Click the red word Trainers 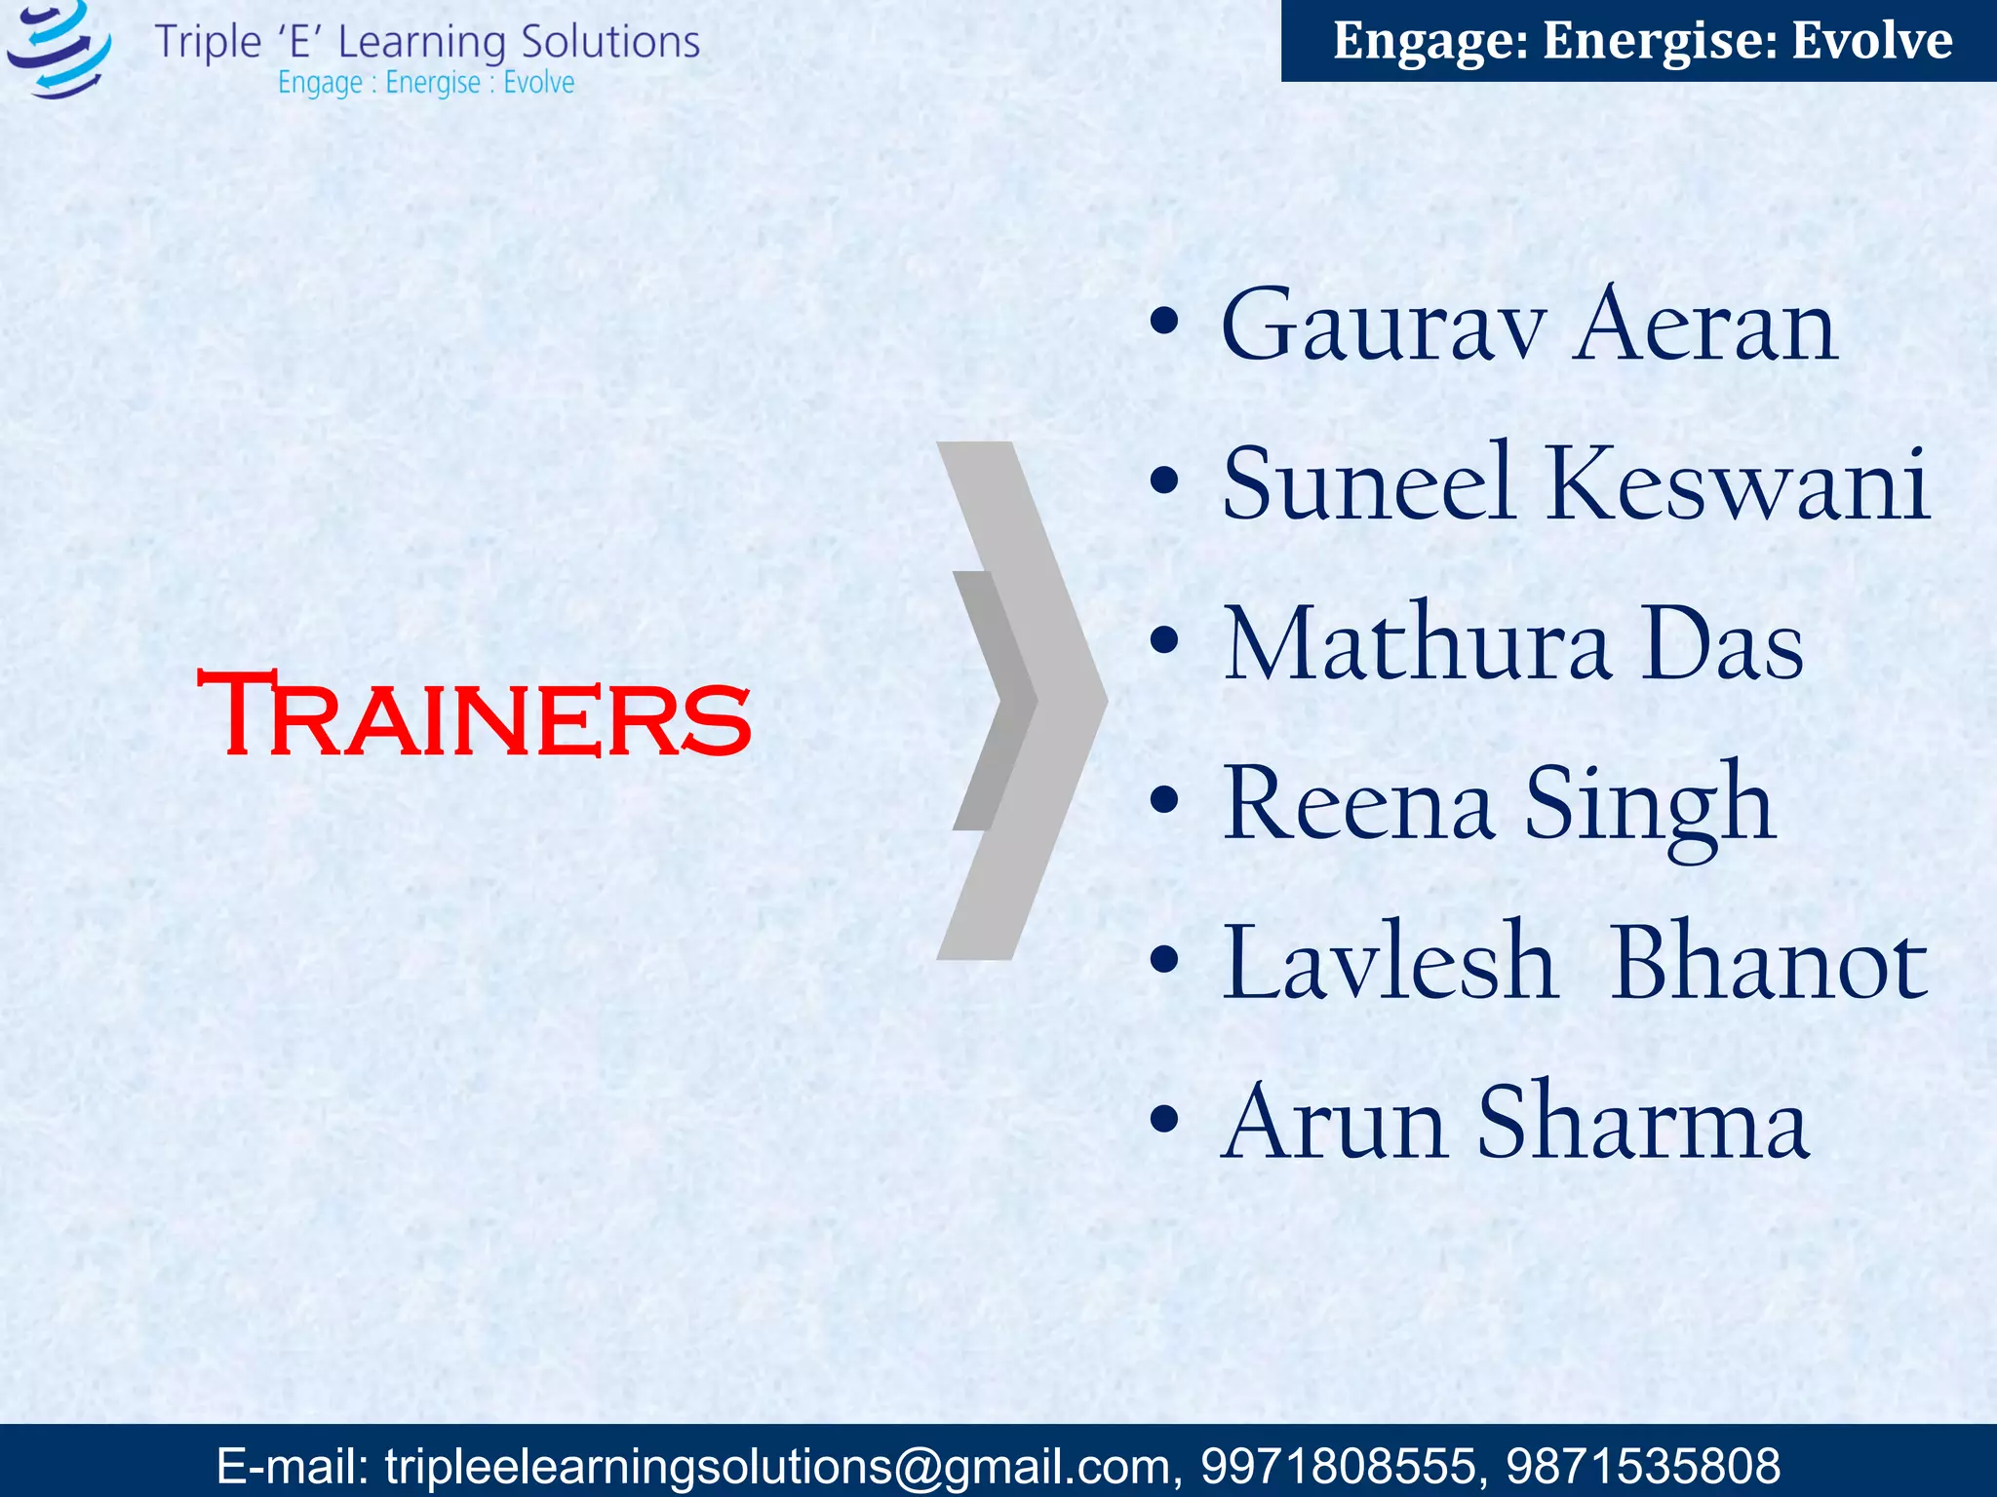(x=474, y=714)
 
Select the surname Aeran (x=1706, y=326)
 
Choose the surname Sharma (x=1643, y=1123)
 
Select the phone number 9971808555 (x=1338, y=1465)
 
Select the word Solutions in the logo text (x=609, y=42)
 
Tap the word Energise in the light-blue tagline (x=433, y=83)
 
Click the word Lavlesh (x=1389, y=964)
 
